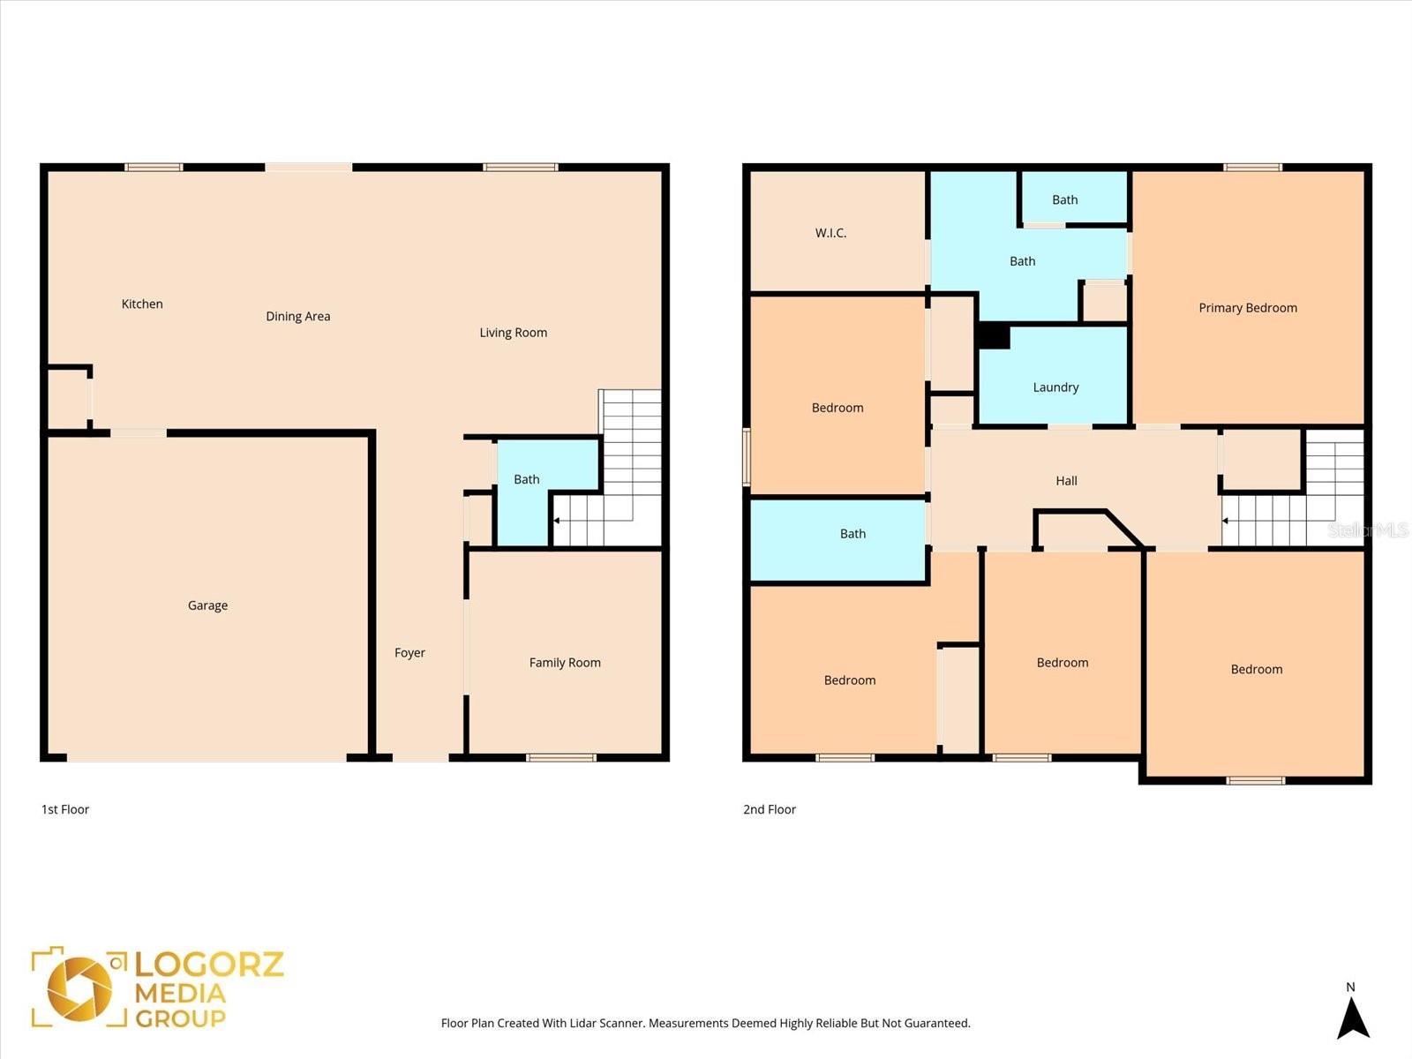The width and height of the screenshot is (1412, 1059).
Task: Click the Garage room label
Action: (207, 605)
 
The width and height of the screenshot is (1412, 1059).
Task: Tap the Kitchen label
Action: (142, 304)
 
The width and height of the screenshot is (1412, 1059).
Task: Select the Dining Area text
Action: (298, 316)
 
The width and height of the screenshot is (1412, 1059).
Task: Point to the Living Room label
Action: (513, 333)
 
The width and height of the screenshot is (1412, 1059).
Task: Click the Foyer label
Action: (409, 653)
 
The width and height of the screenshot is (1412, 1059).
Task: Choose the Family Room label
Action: (565, 663)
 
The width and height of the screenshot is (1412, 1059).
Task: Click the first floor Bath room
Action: (527, 479)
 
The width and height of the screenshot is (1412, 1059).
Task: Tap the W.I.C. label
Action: (830, 233)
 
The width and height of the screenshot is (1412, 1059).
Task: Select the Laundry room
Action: (1055, 387)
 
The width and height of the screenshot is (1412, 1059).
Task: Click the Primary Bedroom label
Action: (1247, 308)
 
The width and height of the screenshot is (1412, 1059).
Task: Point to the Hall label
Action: (1066, 481)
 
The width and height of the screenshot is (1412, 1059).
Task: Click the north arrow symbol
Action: (1352, 1017)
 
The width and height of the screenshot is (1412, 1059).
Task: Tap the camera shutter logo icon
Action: (80, 988)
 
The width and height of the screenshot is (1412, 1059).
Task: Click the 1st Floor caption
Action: (65, 809)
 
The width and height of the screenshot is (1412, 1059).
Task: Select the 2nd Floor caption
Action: (770, 809)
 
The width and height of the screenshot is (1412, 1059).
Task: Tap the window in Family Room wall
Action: (561, 757)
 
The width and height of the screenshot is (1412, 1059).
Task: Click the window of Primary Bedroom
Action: (1252, 167)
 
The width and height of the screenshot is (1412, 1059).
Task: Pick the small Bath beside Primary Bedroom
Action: (1065, 199)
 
